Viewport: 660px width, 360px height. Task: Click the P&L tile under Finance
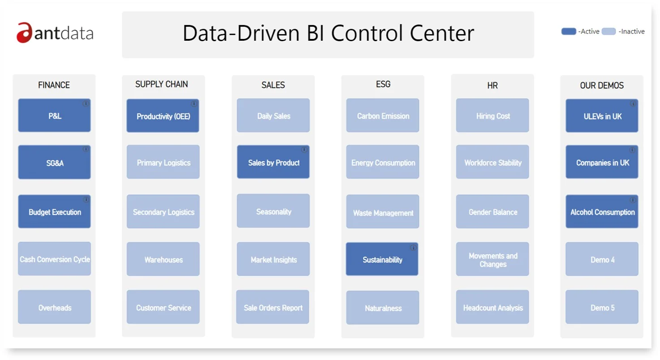coord(54,116)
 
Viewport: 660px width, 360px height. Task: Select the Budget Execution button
coord(54,211)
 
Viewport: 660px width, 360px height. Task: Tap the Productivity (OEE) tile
coord(163,116)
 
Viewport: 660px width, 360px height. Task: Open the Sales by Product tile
coord(273,162)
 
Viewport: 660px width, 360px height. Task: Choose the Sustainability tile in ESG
coord(382,259)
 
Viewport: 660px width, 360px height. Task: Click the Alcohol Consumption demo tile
coord(602,211)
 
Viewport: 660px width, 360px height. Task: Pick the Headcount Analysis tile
coord(492,307)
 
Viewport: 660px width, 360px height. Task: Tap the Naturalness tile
coord(383,308)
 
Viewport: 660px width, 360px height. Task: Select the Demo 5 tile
coord(602,307)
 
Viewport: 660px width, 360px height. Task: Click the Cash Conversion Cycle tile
coord(54,259)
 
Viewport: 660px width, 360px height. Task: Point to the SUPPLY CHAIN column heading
coord(161,84)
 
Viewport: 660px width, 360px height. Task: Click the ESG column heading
coord(383,84)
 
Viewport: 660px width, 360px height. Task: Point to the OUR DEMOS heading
coord(602,86)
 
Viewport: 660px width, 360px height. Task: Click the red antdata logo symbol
coord(23,33)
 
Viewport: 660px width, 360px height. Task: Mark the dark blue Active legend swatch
coord(569,31)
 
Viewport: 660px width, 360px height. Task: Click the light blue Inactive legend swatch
coord(609,31)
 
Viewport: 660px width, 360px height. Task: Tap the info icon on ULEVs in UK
coord(633,104)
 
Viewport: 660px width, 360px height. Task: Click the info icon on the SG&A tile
coord(86,149)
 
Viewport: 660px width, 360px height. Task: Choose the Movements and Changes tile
coord(492,259)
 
